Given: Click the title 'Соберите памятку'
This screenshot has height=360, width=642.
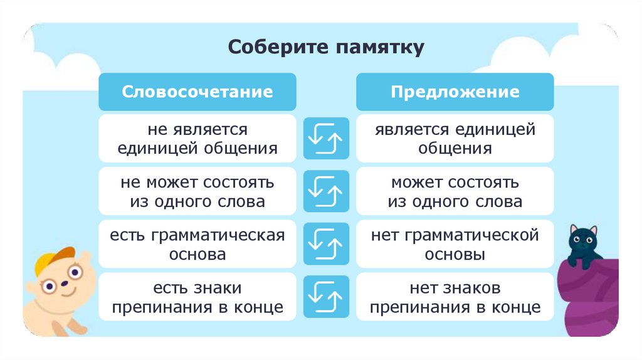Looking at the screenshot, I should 326,48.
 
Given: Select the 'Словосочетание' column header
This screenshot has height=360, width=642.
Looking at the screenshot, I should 197,92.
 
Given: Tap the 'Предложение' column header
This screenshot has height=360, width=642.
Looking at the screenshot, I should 455,92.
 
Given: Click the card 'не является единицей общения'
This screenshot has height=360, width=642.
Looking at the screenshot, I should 197,139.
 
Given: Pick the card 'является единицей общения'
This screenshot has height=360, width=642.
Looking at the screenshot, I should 455,139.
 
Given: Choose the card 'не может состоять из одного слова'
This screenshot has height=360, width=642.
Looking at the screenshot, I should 197,192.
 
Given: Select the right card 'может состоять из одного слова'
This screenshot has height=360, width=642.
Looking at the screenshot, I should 455,192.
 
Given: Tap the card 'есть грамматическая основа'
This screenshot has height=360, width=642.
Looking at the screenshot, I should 197,245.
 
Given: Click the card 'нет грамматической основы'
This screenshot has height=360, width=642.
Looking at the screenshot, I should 455,245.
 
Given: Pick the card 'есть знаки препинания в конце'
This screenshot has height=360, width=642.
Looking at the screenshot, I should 197,298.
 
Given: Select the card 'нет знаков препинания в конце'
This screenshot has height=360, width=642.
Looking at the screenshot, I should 455,298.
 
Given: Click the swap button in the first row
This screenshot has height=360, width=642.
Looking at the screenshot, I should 326,139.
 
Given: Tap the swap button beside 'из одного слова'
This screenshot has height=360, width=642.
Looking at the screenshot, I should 326,192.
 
